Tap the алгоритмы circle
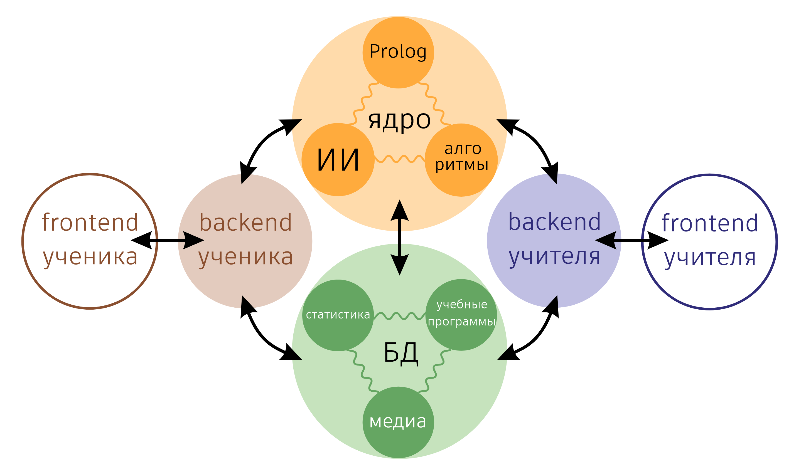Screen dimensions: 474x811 point(461,160)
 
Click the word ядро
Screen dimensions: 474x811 point(399,120)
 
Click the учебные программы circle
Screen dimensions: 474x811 point(461,315)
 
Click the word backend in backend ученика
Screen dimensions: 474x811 point(245,222)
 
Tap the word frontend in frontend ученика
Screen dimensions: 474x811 point(90,222)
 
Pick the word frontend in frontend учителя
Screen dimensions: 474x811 point(710,223)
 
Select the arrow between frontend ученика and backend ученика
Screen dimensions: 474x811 point(167,240)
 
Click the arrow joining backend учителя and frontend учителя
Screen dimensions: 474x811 point(632,240)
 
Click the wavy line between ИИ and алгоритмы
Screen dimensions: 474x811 point(399,159)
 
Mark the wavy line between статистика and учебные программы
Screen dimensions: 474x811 point(399,316)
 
